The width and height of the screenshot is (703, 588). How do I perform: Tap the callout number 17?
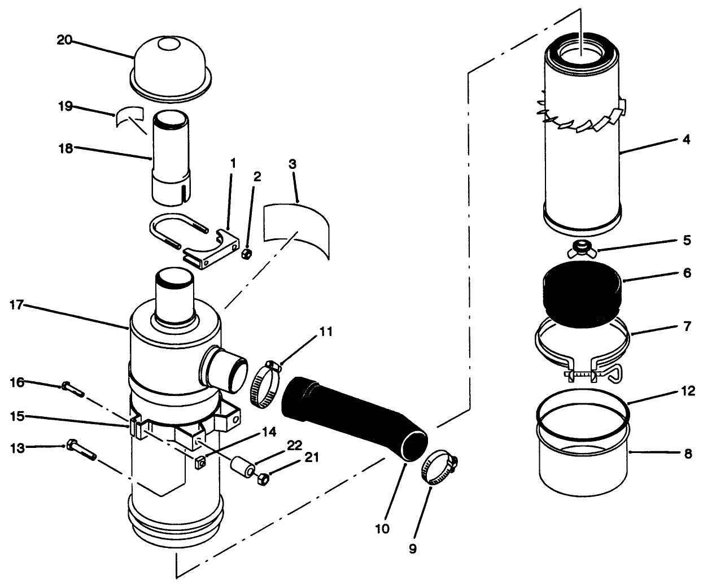coord(17,306)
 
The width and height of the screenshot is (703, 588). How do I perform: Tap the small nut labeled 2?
coord(246,254)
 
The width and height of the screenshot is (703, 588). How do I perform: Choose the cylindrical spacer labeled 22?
coord(242,468)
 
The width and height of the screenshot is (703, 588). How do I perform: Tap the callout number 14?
coord(270,432)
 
